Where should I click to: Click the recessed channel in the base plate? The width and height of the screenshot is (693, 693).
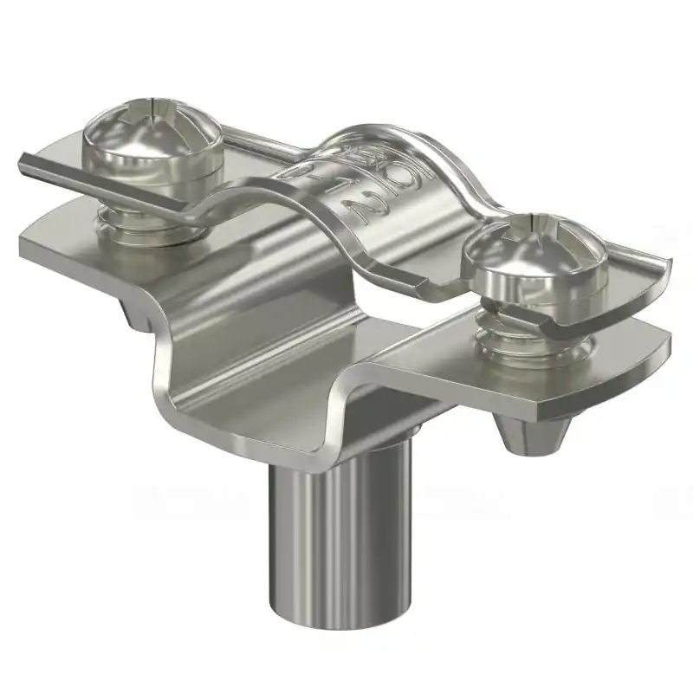[260, 364]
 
